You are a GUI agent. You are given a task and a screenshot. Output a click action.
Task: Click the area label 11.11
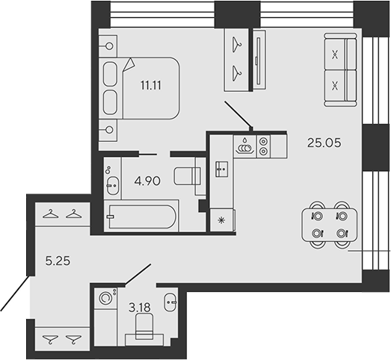(x=150, y=84)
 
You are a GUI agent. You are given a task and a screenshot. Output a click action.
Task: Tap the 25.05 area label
(x=324, y=142)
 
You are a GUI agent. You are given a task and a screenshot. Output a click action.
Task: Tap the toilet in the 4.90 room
(x=186, y=176)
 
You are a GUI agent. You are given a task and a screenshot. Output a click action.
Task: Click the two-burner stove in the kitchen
(x=263, y=144)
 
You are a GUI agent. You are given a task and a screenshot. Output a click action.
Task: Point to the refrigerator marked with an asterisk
(x=222, y=220)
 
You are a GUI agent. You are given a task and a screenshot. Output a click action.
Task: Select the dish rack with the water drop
(x=244, y=145)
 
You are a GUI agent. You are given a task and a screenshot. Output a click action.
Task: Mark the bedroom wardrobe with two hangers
(x=238, y=58)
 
